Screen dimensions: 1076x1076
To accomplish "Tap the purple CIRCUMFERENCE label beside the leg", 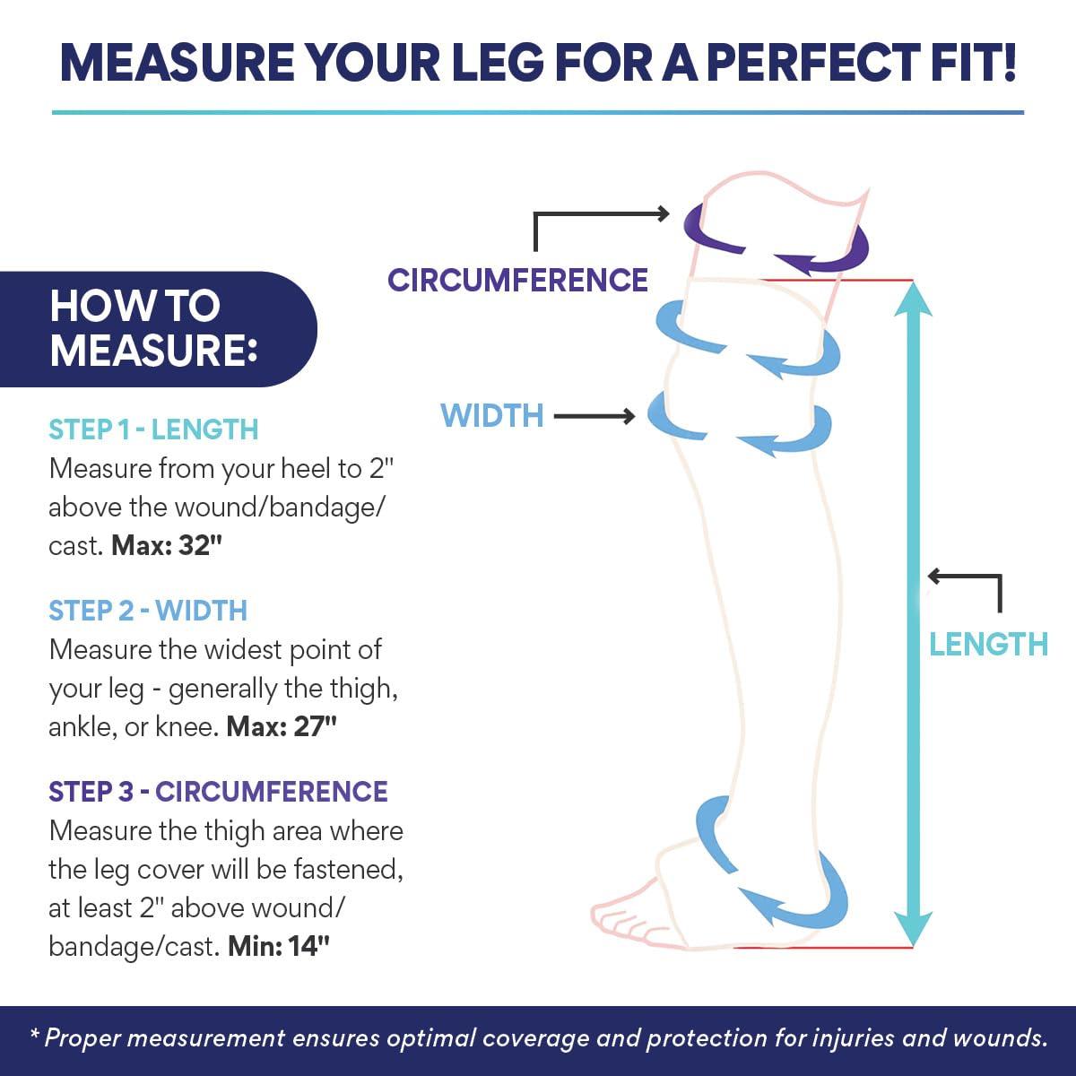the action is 517,280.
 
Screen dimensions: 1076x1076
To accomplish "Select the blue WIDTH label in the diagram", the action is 492,415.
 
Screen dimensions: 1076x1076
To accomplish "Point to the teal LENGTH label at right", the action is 988,645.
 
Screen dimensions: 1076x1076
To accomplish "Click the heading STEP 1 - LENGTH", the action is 153,430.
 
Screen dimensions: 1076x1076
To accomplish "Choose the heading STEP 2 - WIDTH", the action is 148,611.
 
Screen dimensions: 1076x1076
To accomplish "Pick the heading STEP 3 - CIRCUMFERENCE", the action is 218,791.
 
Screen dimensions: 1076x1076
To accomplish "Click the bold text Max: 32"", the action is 167,545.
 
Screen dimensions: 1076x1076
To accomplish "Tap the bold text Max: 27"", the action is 282,726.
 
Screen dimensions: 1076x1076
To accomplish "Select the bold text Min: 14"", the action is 279,947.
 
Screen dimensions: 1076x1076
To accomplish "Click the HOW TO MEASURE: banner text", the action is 153,328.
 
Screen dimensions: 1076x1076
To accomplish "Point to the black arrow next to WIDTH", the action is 594,416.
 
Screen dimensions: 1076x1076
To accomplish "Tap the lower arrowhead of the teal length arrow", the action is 913,930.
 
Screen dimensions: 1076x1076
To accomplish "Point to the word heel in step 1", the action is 306,468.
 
